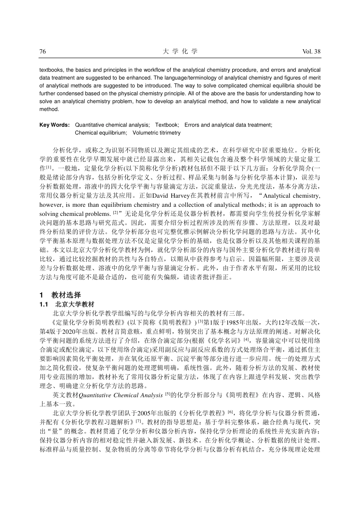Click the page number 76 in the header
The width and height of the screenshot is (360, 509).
(x=43, y=52)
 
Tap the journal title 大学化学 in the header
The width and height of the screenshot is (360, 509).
(x=180, y=52)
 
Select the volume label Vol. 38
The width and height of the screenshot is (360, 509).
(x=311, y=52)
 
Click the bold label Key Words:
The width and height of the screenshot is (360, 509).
(x=55, y=125)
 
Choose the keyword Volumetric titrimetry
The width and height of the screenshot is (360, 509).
(x=157, y=133)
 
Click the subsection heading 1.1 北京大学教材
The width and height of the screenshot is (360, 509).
(x=69, y=304)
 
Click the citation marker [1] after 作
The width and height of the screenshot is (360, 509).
(x=48, y=167)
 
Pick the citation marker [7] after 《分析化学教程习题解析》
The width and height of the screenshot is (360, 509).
(x=139, y=421)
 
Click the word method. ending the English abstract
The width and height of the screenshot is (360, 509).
(x=49, y=109)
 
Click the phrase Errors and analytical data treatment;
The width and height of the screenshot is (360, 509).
(x=228, y=125)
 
